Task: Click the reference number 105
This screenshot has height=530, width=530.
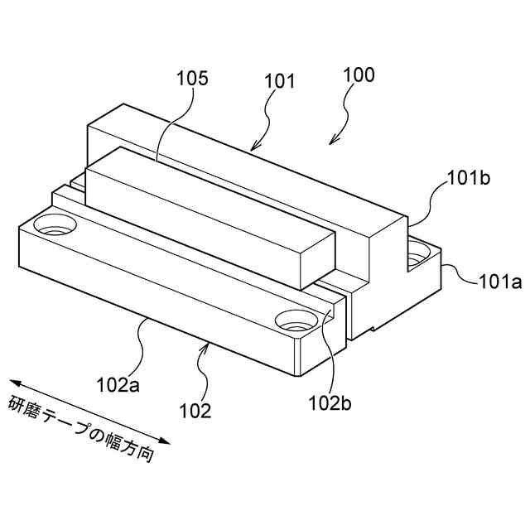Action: [192, 79]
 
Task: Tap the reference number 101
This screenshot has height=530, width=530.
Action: [280, 81]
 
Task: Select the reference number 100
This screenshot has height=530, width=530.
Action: [359, 75]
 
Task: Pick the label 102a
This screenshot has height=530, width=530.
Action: [114, 383]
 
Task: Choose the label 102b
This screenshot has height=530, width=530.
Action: [330, 402]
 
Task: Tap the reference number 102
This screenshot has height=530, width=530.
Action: [195, 409]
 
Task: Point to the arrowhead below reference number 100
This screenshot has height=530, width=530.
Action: [334, 141]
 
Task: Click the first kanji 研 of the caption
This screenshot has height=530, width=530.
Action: [17, 403]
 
